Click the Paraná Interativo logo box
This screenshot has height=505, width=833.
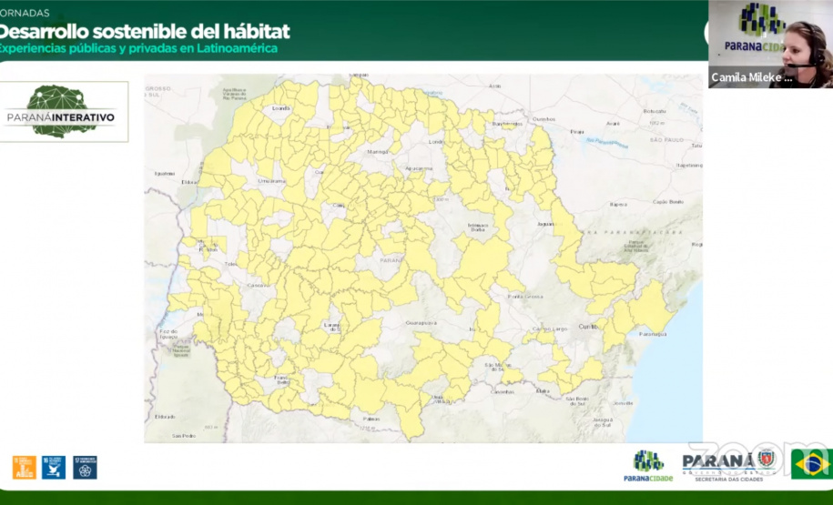click(x=65, y=111)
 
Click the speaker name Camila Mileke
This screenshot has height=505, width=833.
click(x=752, y=77)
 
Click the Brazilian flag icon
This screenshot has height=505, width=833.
click(x=811, y=463)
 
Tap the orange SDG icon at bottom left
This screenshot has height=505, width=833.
click(x=24, y=467)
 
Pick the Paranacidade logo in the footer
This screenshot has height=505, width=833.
click(x=648, y=464)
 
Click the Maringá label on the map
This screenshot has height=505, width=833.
click(x=378, y=152)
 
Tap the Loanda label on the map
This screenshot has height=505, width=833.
click(x=280, y=108)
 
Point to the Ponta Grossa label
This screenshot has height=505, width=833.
click(x=526, y=297)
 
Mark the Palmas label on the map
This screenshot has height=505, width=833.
click(x=371, y=419)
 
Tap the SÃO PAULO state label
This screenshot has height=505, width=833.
click(x=666, y=139)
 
